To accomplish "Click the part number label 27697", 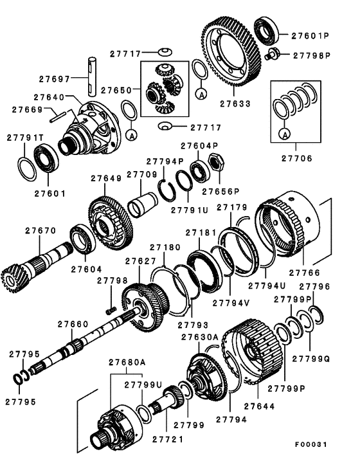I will (x=53, y=79).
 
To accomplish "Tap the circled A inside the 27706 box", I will (x=283, y=133).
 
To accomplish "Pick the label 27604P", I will (x=198, y=145).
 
